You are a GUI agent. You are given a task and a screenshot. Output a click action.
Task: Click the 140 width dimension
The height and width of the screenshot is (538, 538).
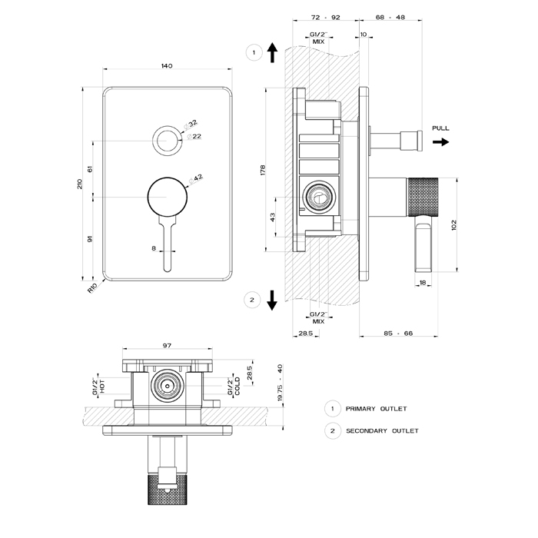[167, 66]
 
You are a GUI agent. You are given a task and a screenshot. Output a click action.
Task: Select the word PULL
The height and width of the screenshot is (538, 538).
[440, 128]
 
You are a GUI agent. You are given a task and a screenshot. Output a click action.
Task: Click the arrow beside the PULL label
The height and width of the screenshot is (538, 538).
[442, 142]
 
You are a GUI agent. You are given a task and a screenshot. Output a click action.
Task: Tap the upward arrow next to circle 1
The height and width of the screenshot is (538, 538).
[272, 52]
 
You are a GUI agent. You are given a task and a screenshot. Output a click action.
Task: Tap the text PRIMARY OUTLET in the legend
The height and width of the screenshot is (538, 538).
[376, 409]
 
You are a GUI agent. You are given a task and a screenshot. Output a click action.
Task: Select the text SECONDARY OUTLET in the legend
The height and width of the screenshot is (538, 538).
[382, 430]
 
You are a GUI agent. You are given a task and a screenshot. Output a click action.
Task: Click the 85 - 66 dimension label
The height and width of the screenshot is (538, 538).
[397, 333]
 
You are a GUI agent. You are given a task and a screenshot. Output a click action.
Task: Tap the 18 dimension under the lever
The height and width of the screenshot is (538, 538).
[423, 283]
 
